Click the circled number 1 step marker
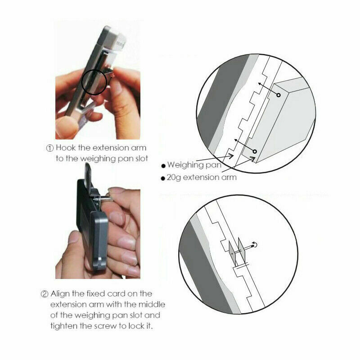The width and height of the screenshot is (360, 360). pyautogui.click(x=50, y=148)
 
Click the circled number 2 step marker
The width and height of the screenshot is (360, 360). pyautogui.click(x=44, y=294)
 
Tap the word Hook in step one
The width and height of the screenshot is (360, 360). pyautogui.click(x=66, y=148)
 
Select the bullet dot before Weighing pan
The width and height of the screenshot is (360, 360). pyautogui.click(x=163, y=166)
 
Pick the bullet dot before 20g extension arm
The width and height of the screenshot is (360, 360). pyautogui.click(x=163, y=178)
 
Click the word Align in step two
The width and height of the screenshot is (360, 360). pyautogui.click(x=60, y=294)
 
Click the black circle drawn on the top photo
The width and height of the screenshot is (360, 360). pyautogui.click(x=94, y=82)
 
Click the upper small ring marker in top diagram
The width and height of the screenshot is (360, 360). pyautogui.click(x=279, y=95)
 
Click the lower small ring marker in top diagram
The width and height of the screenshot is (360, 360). pyautogui.click(x=255, y=152)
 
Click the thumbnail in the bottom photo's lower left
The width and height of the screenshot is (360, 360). pyautogui.click(x=74, y=237)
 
